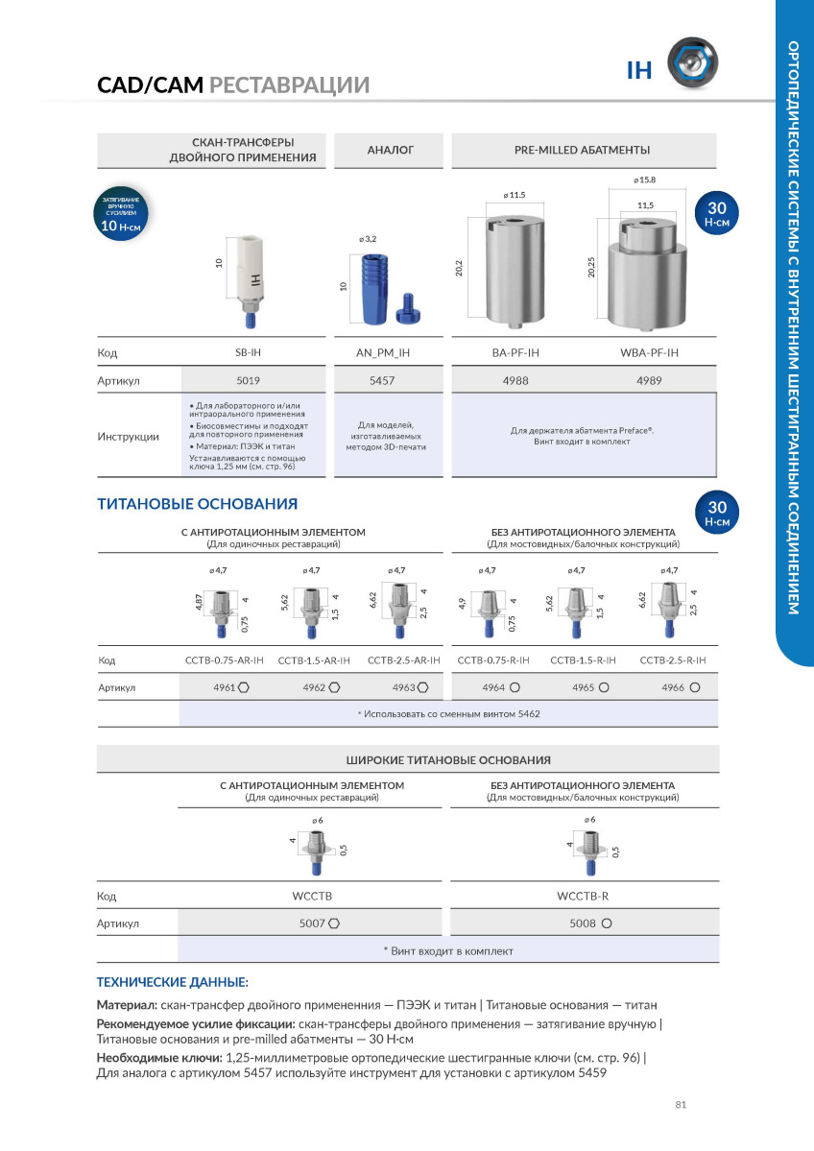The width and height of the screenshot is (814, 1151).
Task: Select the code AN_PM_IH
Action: [x=390, y=352]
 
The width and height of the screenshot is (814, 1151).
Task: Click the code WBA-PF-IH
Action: [x=649, y=352]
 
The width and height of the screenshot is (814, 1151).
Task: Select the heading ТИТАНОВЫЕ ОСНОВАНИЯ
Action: [x=197, y=504]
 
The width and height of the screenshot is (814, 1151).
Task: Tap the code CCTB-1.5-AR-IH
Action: [x=314, y=660]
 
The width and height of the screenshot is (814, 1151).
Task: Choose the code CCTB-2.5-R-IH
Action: [x=673, y=660]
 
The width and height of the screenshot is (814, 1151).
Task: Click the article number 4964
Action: [x=494, y=687]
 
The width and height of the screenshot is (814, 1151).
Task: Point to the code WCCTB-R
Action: [x=584, y=896]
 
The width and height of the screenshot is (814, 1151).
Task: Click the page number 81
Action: [x=681, y=1105]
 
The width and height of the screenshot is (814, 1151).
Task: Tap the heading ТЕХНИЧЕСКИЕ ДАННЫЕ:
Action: [x=173, y=983]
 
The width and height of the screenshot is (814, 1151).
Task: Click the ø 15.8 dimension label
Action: [x=644, y=180]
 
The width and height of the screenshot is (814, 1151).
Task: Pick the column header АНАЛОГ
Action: [x=391, y=151]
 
